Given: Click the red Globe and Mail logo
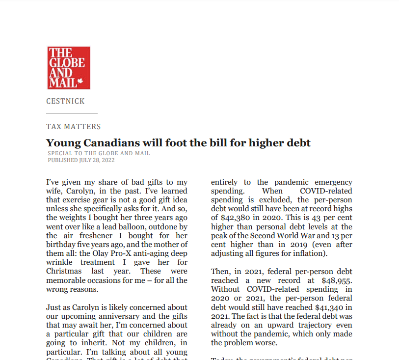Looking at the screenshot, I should [69, 68].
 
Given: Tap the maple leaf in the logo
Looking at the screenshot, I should [81, 83].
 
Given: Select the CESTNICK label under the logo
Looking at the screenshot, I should [65, 101].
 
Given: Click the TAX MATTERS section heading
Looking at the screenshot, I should [74, 127].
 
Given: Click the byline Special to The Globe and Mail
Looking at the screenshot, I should [99, 153].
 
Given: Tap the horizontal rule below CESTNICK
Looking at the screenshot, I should [72, 113].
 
